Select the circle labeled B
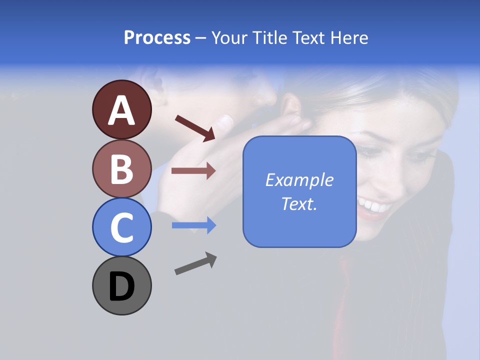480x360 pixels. tap(122, 168)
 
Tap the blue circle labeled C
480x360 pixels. tap(122, 227)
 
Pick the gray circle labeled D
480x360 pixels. tap(122, 285)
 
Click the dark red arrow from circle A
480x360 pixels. tap(195, 128)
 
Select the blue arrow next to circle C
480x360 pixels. tap(193, 225)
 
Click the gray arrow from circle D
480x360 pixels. tap(195, 263)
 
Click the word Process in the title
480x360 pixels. tap(157, 37)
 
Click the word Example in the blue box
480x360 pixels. tap(299, 180)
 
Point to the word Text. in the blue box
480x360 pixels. tap(299, 203)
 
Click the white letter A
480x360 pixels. tap(122, 111)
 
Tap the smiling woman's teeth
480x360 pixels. tap(374, 204)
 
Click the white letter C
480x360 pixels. tap(122, 228)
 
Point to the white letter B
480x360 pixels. tap(122, 169)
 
